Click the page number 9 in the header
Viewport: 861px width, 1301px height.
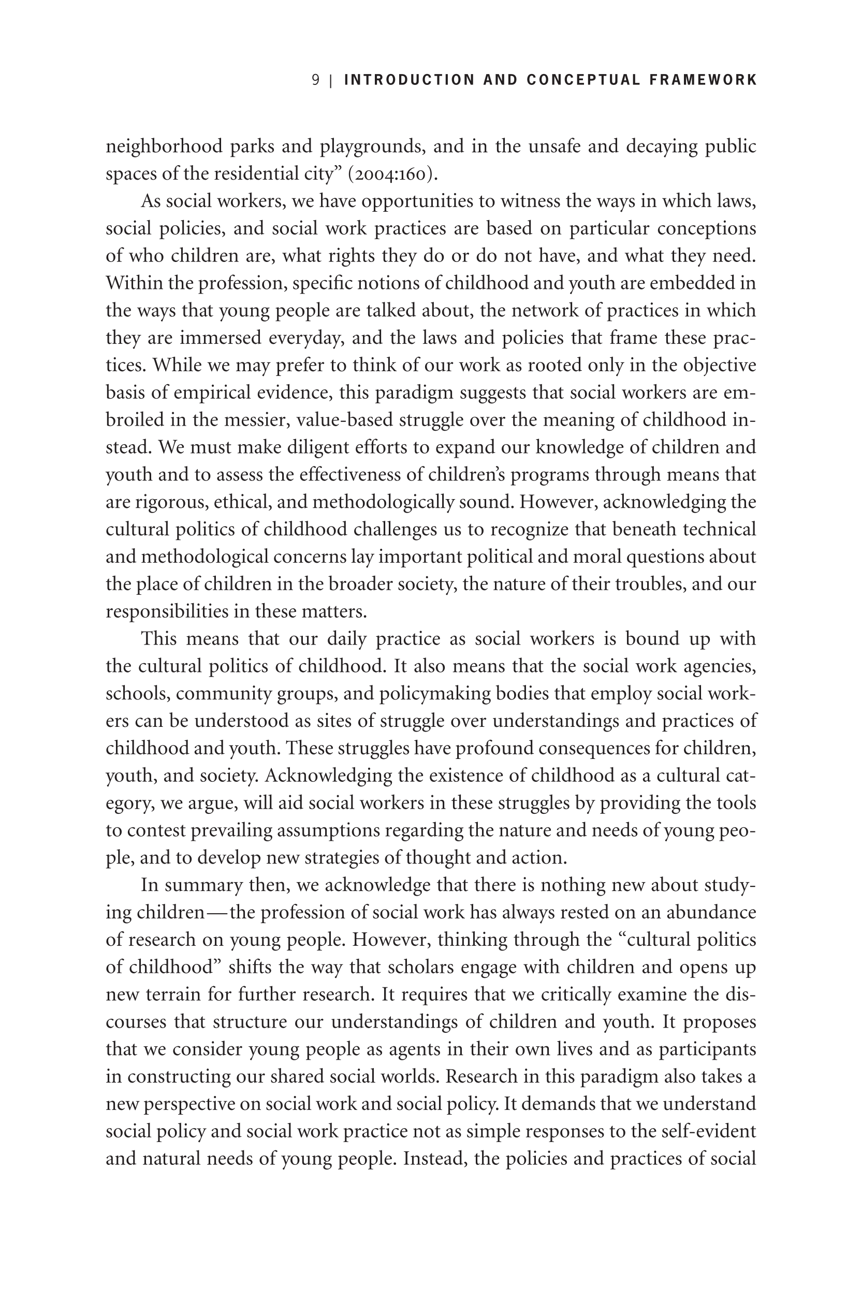(316, 80)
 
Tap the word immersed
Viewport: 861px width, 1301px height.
(220, 338)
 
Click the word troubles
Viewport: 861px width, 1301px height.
(650, 583)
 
